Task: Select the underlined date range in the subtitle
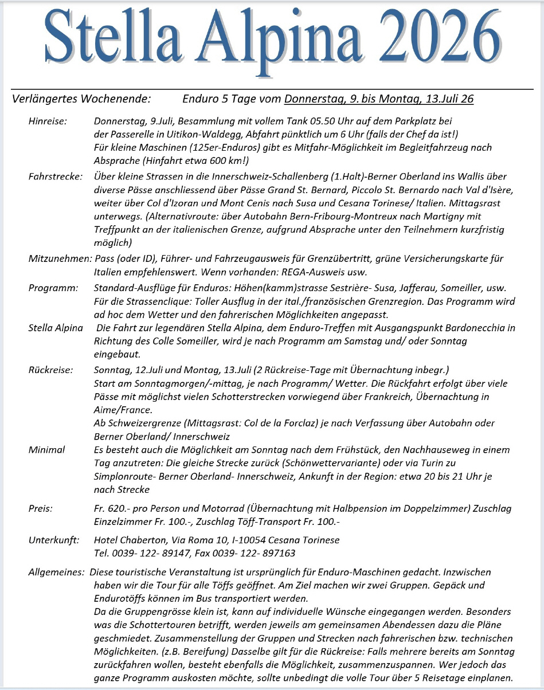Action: tap(379, 99)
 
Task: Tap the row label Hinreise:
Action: tap(48, 121)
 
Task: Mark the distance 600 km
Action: tap(229, 160)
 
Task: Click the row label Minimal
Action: tap(46, 450)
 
